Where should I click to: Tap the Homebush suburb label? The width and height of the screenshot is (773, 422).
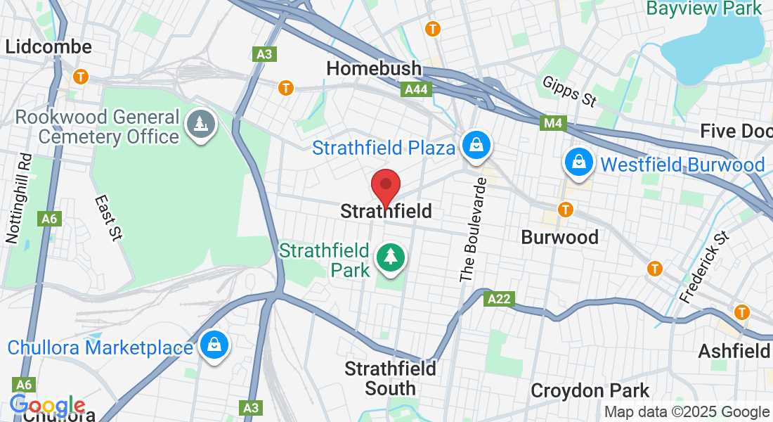point(374,68)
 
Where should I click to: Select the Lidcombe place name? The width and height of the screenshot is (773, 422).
point(48,47)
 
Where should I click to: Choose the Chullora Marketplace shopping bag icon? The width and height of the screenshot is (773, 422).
point(212,345)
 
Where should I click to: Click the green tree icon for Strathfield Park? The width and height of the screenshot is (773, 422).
point(390,257)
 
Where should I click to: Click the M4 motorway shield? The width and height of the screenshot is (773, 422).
point(554,124)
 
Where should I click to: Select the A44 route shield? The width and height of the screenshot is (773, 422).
point(415,90)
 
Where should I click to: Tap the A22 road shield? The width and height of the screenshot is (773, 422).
point(500,299)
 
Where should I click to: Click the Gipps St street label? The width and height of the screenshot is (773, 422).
point(569,91)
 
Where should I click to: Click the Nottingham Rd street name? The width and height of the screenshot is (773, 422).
point(18,198)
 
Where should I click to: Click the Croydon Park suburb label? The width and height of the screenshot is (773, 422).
point(590,390)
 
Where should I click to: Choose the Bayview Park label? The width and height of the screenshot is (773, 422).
point(703,8)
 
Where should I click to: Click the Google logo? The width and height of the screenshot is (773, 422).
point(47,406)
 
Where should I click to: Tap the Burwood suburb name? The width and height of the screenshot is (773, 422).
point(559,237)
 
